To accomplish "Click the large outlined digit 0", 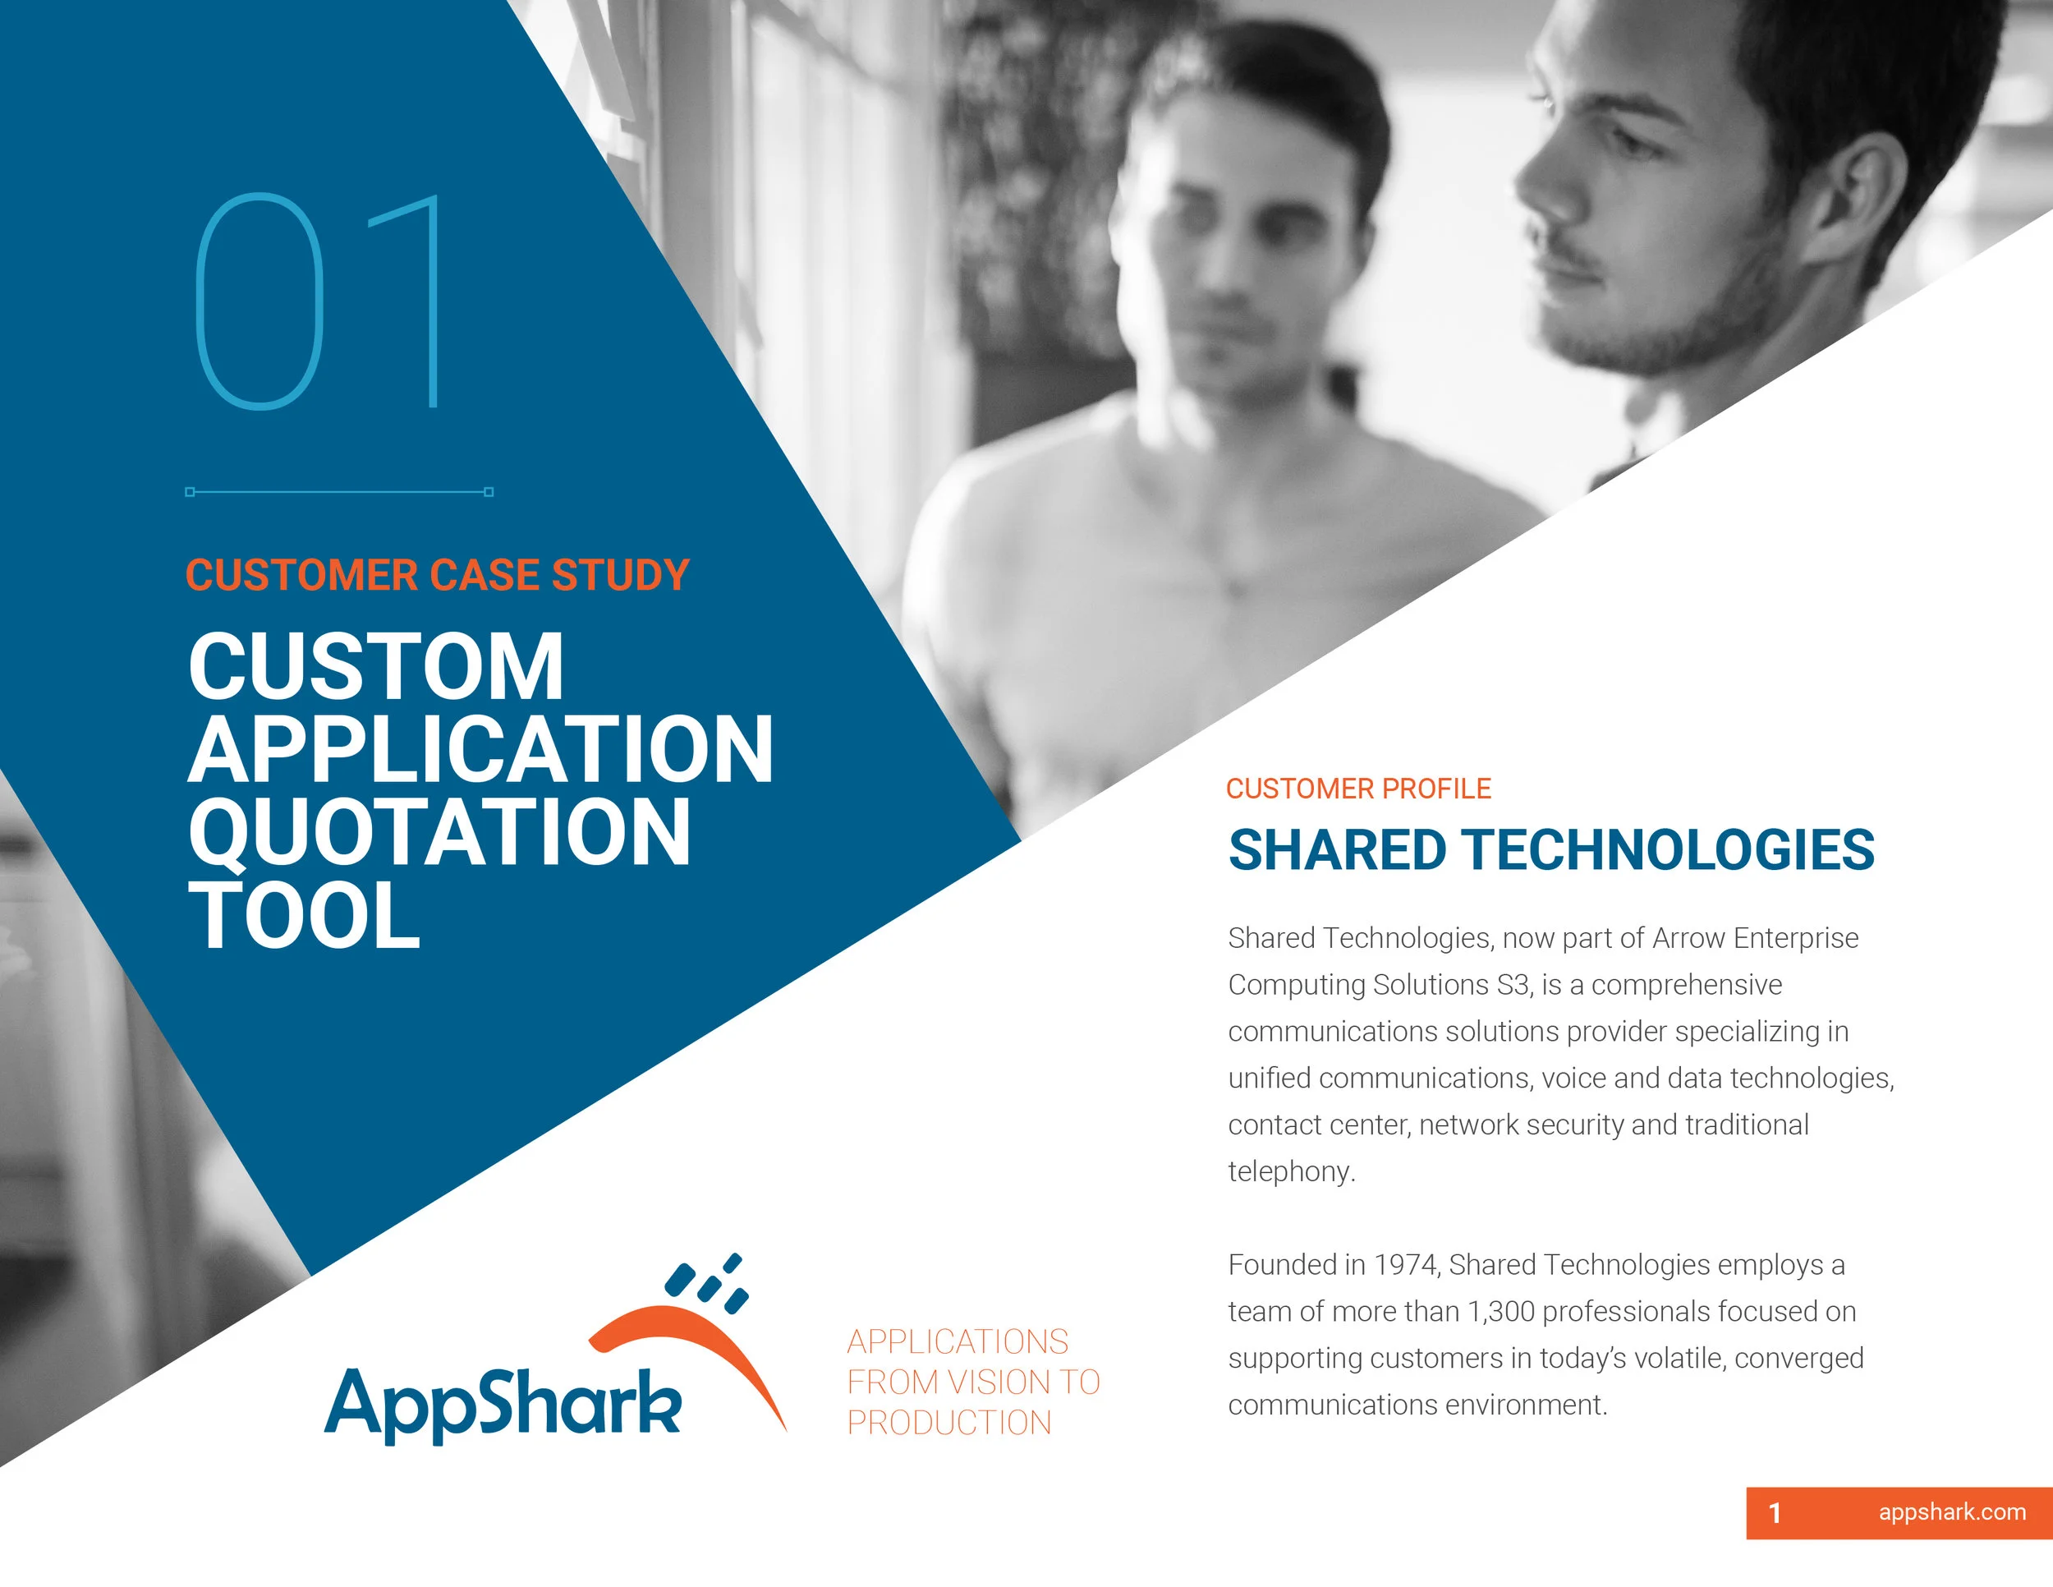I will [x=259, y=301].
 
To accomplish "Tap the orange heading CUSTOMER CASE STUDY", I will [x=437, y=575].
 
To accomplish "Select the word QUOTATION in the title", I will [x=439, y=832].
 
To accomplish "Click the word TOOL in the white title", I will [x=304, y=915].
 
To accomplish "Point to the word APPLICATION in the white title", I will [x=480, y=749].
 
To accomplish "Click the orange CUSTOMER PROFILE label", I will [x=1357, y=788].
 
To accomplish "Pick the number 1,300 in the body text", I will [x=1500, y=1312].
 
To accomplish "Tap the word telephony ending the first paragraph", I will [x=1290, y=1171].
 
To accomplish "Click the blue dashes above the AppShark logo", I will [x=707, y=1282].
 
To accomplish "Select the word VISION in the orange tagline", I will [x=999, y=1382].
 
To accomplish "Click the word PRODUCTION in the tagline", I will [x=948, y=1424].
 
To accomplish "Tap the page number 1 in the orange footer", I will [x=1774, y=1513].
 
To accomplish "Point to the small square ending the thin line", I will [x=489, y=492].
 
